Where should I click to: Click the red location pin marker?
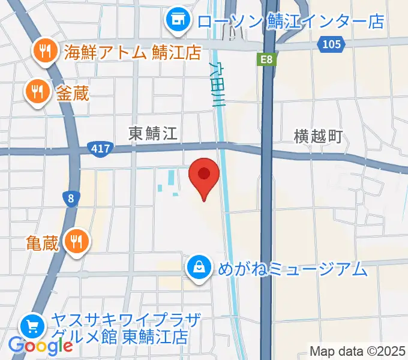click(204, 175)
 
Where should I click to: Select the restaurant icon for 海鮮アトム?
click(44, 52)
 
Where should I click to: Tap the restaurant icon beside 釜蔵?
click(35, 92)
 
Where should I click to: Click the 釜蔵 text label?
click(73, 92)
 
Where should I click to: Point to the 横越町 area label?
click(318, 136)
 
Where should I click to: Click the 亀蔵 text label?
click(43, 242)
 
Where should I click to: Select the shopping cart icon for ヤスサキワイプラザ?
click(31, 326)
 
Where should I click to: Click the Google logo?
click(40, 345)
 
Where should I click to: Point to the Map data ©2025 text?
click(358, 350)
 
